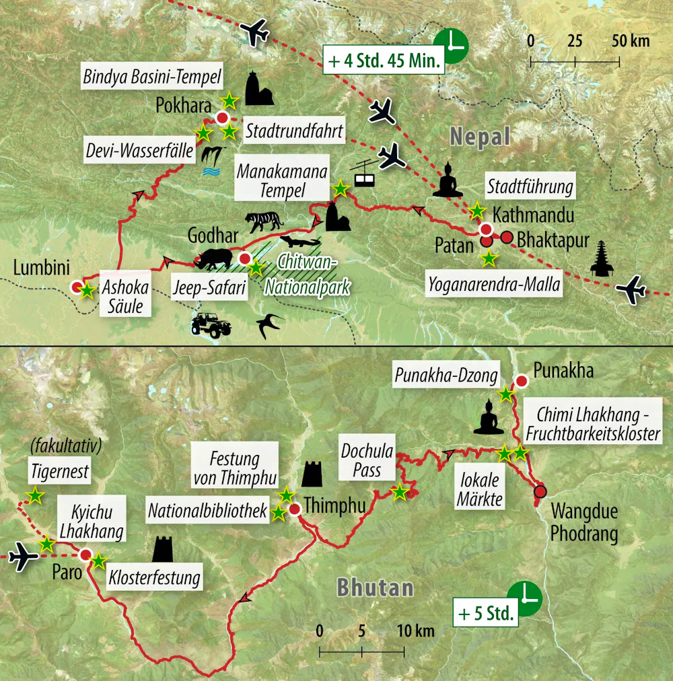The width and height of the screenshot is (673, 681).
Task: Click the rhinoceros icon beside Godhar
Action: (x=215, y=257)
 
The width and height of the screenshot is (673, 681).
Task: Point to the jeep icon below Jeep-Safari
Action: (x=211, y=324)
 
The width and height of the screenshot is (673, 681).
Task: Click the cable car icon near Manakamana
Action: (x=365, y=175)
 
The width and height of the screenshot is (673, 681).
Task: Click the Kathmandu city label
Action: (x=533, y=215)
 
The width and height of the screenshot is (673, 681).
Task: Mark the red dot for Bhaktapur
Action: (x=507, y=237)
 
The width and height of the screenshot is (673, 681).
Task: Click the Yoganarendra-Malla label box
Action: (x=495, y=285)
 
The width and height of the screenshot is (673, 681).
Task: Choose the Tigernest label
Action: (x=60, y=472)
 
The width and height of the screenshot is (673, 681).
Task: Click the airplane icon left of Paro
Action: (x=24, y=557)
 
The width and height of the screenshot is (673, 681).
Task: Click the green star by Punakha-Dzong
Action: (x=504, y=394)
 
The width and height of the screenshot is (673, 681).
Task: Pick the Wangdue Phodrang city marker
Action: (x=540, y=491)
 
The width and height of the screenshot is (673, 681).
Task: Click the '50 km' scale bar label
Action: (x=631, y=40)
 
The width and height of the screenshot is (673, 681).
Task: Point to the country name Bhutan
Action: (x=375, y=587)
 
